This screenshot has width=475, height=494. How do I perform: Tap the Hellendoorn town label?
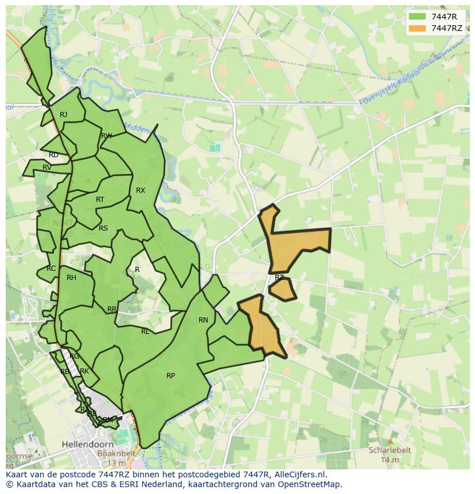86,444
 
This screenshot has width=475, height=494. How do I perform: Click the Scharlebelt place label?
390,450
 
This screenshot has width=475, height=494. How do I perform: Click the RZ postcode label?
279,278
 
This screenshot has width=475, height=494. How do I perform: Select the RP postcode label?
170,376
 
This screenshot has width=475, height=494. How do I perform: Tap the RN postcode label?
203,320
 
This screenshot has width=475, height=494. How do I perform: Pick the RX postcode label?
141,190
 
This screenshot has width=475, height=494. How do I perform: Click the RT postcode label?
100,200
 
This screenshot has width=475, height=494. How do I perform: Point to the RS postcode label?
103,228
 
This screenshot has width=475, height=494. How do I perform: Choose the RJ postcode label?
64,115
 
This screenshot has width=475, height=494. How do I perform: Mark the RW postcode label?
106,136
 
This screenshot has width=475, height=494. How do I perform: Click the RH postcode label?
71,278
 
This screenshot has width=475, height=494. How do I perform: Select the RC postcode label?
52,269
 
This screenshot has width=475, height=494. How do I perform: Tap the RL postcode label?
145,332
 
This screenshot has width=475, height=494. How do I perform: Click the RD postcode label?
53,155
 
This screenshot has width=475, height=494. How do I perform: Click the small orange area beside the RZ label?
283,290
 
